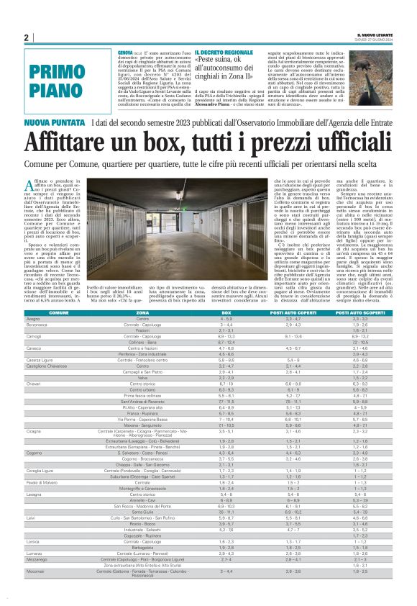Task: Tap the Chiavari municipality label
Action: click(x=35, y=363)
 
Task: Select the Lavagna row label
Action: click(x=35, y=515)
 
